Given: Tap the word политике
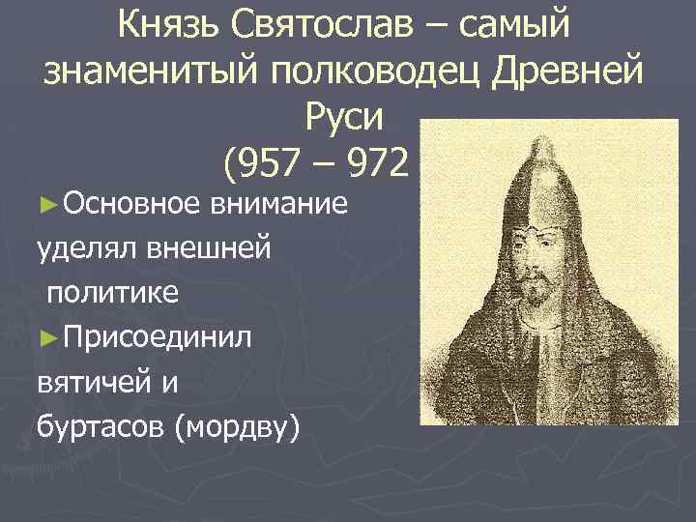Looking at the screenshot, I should [112, 293].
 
